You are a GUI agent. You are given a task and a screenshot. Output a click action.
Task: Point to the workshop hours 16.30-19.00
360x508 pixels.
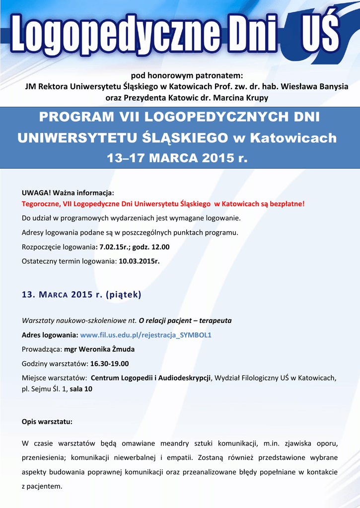[x=109, y=364]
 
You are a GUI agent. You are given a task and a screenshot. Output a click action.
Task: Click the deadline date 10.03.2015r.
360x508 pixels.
[x=139, y=261]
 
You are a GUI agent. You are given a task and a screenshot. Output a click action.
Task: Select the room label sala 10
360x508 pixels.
[x=81, y=389]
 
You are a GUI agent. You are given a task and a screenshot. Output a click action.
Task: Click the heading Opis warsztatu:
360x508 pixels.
[x=47, y=422]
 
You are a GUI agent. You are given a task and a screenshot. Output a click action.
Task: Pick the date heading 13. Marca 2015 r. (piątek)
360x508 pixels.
[x=81, y=295]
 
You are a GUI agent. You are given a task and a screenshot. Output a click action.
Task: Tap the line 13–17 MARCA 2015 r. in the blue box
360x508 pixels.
[x=177, y=158]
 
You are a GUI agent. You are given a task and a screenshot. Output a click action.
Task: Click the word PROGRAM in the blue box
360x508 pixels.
[x=73, y=118]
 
